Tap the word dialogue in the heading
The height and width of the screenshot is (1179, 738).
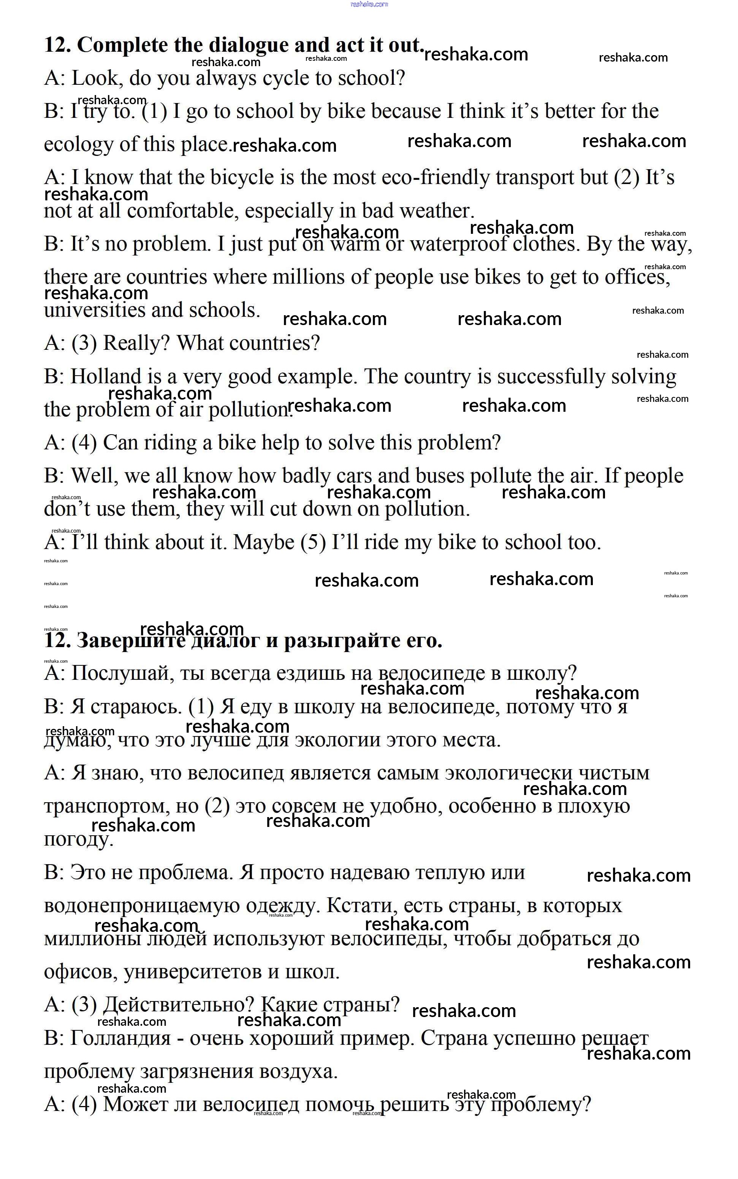pyautogui.click(x=249, y=45)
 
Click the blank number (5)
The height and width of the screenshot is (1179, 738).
pyautogui.click(x=313, y=543)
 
